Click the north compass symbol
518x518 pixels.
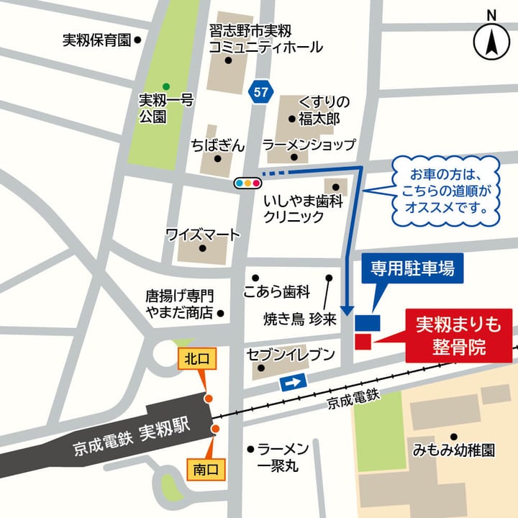point(491,41)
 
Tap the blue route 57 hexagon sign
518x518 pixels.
point(260,91)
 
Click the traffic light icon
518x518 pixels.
point(247,183)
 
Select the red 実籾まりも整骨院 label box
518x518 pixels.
point(458,336)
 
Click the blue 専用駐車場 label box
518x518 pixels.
point(412,269)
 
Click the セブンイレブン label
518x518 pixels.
point(291,354)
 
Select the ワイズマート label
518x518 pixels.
point(202,235)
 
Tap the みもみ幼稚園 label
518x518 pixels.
point(454,450)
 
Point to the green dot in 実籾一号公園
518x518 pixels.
point(166,87)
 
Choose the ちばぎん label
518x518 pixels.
point(218,145)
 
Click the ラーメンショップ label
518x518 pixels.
point(309,145)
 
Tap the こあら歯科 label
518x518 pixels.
point(276,292)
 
